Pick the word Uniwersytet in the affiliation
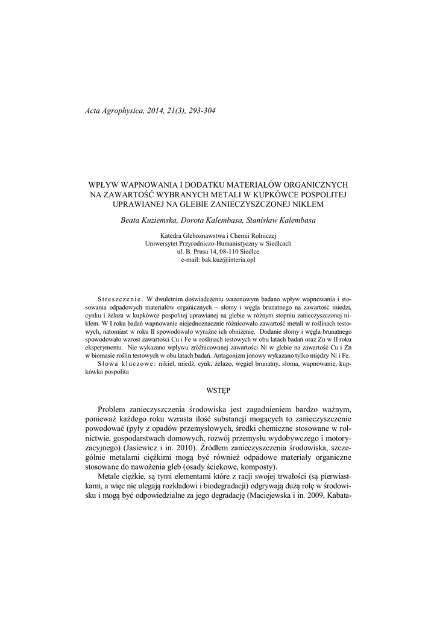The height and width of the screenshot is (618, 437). (x=166, y=243)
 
